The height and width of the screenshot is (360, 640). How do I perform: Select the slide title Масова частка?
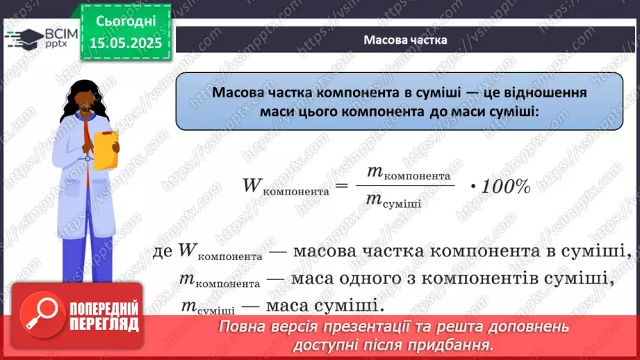pyautogui.click(x=405, y=40)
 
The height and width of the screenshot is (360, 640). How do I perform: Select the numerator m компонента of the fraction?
pyautogui.click(x=403, y=174)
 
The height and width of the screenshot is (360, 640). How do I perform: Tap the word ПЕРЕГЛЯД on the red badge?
pyautogui.click(x=104, y=323)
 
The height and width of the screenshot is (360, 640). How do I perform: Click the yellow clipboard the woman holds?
pyautogui.click(x=106, y=150)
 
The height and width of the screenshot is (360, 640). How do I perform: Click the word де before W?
pyautogui.click(x=163, y=251)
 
